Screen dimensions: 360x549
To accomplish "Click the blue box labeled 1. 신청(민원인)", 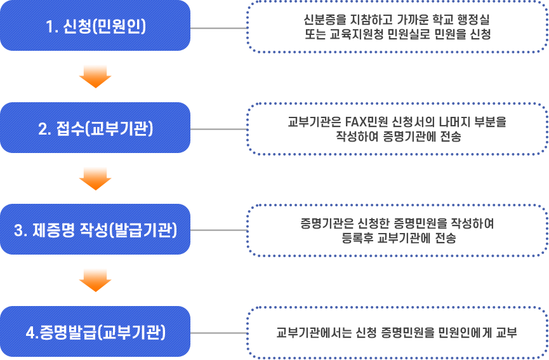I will click(x=95, y=27).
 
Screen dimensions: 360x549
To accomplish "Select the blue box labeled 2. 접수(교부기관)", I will click(x=95, y=128).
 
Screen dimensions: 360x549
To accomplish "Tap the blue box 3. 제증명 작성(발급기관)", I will click(x=95, y=230).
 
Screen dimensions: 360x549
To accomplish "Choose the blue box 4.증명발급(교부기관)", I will click(x=95, y=331).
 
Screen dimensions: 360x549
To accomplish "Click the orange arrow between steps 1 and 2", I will click(x=95, y=77).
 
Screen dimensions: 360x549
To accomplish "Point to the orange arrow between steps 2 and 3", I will click(x=95, y=178).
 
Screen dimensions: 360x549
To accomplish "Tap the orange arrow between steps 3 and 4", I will click(x=95, y=280).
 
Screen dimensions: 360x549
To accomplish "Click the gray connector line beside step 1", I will click(x=218, y=28).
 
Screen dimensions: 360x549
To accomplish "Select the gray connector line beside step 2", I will click(x=218, y=129).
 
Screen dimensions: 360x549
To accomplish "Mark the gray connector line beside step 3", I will click(x=218, y=230).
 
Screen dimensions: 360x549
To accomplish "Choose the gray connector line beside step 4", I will click(x=218, y=332).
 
